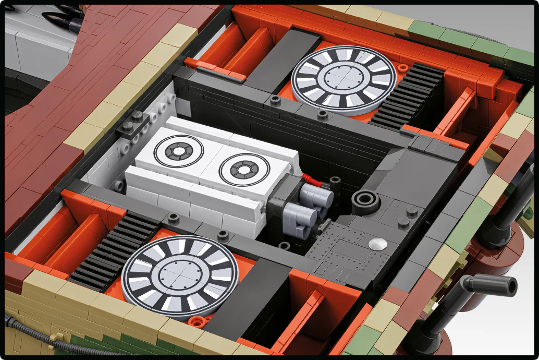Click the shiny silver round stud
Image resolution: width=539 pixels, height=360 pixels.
377,243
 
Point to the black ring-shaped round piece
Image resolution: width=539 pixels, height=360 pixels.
365,200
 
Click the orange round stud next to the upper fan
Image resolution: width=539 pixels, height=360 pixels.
403,68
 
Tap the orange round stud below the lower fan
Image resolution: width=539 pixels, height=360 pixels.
196,322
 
